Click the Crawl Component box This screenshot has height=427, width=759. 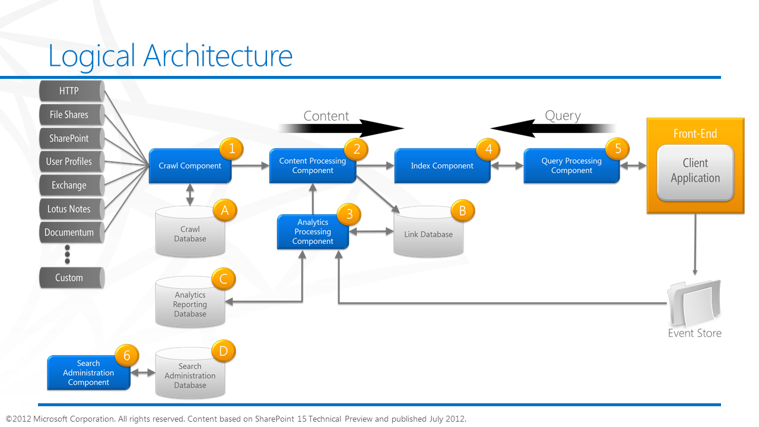point(189,166)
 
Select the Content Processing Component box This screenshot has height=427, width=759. point(312,166)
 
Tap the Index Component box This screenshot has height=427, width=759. point(442,166)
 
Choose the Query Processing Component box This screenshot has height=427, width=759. point(571,166)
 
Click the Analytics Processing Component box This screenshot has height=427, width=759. point(312,232)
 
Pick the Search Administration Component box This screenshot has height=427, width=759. point(88,373)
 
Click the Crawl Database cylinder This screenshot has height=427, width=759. point(190,234)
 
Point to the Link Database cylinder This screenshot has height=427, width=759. point(428,234)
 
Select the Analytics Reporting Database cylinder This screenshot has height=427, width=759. point(190,304)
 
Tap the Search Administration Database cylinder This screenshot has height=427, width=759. point(190,376)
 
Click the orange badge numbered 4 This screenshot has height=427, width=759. point(488,149)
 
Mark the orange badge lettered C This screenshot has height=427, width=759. point(224,279)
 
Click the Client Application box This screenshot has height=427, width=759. point(695,171)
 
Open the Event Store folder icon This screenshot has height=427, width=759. point(694,302)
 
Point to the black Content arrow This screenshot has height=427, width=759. point(341,128)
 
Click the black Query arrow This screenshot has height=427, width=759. point(552,128)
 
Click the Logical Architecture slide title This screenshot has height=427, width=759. point(170,56)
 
